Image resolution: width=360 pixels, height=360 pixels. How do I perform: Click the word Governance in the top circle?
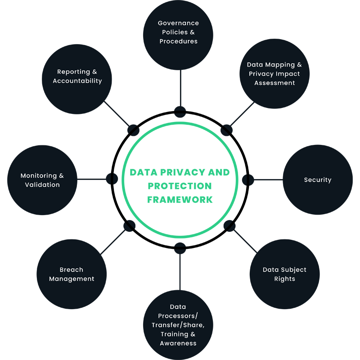click(x=178, y=23)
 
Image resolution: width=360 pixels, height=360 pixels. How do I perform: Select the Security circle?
click(x=318, y=180)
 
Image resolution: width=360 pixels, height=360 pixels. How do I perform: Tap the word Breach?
click(x=72, y=270)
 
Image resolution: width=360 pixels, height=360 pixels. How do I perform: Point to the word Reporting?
click(x=73, y=72)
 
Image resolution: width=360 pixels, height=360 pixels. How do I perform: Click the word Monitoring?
click(x=39, y=176)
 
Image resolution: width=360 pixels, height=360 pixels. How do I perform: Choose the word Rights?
click(x=285, y=279)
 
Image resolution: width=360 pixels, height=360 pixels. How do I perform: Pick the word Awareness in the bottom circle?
click(x=178, y=343)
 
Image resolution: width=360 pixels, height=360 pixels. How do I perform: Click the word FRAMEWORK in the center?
click(x=180, y=200)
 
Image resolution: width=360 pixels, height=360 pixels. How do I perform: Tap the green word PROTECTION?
click(x=180, y=186)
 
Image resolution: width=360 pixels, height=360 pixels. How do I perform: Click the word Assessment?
click(x=274, y=83)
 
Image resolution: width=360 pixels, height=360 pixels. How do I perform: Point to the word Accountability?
click(x=77, y=81)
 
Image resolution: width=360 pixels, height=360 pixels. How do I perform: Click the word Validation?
click(x=42, y=185)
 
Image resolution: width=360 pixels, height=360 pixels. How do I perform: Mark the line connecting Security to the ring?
click(x=268, y=180)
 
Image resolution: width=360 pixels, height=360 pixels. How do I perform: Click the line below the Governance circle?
click(x=181, y=88)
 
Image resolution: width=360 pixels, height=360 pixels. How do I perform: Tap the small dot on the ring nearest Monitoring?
click(x=112, y=179)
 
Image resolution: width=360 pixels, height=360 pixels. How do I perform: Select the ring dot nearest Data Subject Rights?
click(x=229, y=226)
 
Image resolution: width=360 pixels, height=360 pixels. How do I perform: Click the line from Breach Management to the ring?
click(x=113, y=242)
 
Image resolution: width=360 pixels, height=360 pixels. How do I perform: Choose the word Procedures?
click(x=178, y=41)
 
